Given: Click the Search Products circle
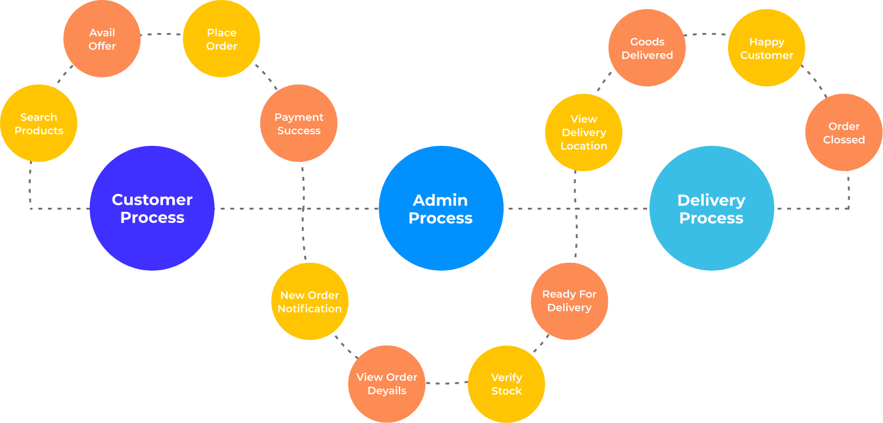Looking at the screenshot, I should click(39, 123).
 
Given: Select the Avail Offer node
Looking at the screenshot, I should click(102, 39).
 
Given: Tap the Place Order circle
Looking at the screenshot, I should click(221, 39).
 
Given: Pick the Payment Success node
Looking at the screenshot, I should click(298, 123).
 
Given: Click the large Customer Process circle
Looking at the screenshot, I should click(152, 208).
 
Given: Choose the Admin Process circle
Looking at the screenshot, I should click(441, 208).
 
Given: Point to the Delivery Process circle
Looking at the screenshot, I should click(711, 208).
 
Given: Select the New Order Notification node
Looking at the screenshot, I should click(309, 301).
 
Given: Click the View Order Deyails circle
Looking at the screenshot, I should click(386, 384).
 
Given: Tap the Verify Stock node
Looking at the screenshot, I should click(506, 384).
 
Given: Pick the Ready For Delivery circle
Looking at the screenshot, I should click(569, 301).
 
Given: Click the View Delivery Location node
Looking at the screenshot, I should click(583, 133).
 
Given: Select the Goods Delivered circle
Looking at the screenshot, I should click(646, 48).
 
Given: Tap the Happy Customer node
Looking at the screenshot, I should click(766, 48).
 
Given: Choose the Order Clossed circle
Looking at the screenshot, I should click(844, 133).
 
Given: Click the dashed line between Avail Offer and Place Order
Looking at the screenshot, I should click(161, 34).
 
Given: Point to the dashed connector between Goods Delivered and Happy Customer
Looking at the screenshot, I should click(707, 35).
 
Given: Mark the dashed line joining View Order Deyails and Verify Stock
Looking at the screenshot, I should click(446, 383).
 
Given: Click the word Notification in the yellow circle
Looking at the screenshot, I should click(309, 308).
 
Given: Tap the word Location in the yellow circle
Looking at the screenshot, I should click(583, 146).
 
